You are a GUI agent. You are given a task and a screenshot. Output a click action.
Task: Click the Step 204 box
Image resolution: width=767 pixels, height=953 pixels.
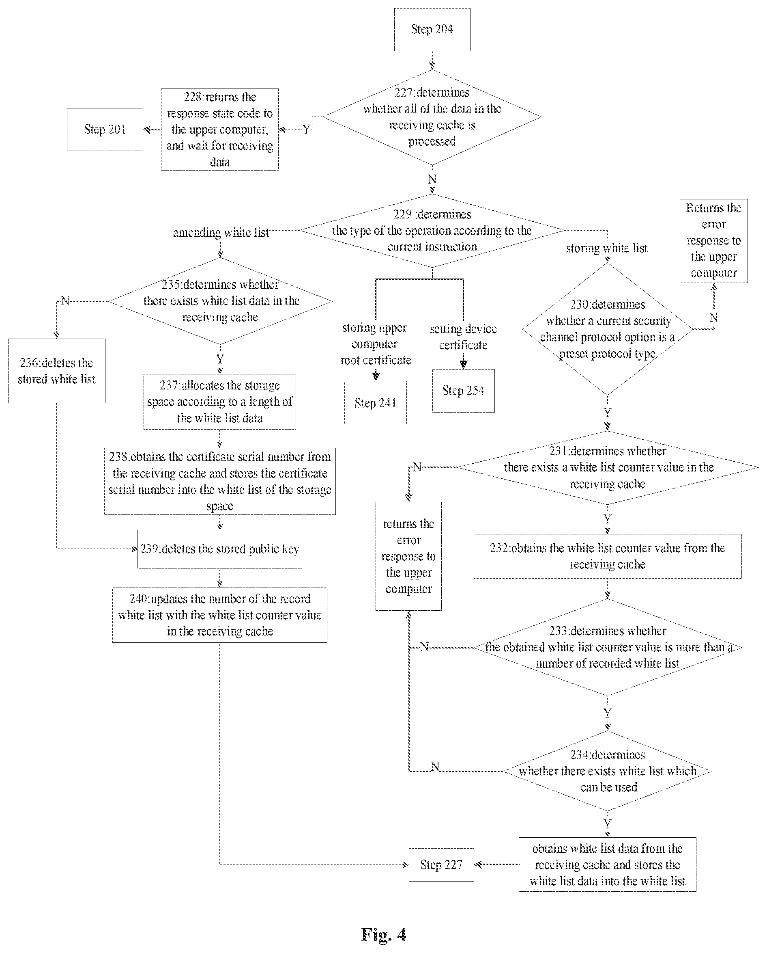[x=432, y=29]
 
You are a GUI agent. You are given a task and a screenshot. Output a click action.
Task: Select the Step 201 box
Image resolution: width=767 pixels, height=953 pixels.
[x=105, y=129]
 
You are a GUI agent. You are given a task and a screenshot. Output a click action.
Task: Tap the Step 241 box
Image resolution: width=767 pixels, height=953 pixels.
[x=375, y=403]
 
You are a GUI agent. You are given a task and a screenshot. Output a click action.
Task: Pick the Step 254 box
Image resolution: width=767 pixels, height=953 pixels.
[x=463, y=391]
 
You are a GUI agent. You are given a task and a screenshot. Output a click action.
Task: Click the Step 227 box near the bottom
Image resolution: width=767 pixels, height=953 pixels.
[x=441, y=864]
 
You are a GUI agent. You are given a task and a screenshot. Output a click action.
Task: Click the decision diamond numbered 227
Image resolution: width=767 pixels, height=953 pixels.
[x=432, y=117]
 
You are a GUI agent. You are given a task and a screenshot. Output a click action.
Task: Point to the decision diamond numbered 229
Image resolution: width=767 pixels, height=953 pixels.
[x=432, y=230]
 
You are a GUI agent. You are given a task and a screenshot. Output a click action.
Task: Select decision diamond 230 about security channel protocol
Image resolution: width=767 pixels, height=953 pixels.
[x=607, y=329]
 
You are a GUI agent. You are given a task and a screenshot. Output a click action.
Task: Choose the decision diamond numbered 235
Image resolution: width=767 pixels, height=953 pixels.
[x=220, y=301]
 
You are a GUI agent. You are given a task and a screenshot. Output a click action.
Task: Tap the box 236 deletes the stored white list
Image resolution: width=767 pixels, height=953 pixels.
[x=56, y=371]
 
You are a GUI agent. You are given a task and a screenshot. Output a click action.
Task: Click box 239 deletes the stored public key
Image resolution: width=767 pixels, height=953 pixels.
[x=219, y=549]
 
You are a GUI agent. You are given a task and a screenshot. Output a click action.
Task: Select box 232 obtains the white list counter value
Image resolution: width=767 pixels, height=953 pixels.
[x=608, y=556]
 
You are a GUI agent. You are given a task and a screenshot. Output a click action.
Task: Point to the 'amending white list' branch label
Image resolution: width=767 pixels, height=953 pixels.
[x=221, y=233]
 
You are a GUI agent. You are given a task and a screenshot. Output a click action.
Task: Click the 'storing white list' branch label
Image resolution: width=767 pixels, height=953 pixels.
[x=607, y=248]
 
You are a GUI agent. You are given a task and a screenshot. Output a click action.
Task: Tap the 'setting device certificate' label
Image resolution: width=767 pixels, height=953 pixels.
[x=463, y=337]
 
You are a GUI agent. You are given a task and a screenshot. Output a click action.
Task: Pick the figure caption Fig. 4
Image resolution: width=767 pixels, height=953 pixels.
[x=384, y=934]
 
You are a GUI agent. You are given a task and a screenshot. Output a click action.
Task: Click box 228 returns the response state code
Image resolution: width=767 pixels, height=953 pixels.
[x=219, y=129]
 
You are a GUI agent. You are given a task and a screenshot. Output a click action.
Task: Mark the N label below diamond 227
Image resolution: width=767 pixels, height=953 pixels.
[x=432, y=179]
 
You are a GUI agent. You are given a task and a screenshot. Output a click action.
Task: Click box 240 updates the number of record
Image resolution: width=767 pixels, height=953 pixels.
[x=219, y=615]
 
